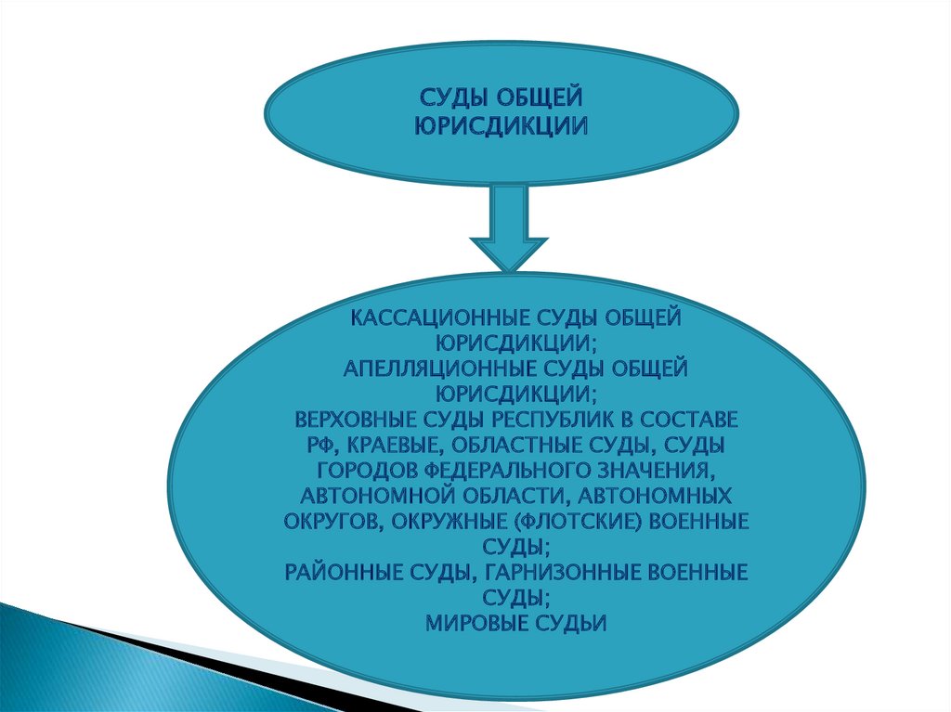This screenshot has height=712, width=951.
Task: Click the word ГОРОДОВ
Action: (x=363, y=470)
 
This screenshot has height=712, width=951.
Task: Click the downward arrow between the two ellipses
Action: (x=509, y=227)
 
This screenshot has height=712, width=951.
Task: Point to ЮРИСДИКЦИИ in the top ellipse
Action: (x=501, y=124)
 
